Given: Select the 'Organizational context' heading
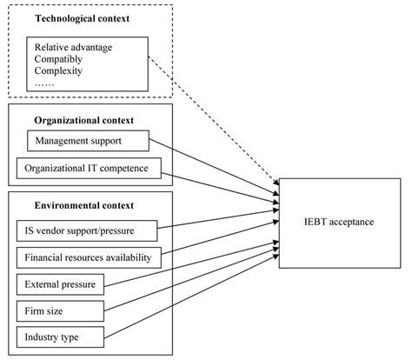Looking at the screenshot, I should tap(77, 120).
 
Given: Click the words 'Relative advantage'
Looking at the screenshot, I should tap(73, 45).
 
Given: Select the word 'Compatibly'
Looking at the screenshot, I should tap(60, 59).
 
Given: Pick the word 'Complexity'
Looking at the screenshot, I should tap(60, 73).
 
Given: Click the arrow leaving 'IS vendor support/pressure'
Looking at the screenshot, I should tap(217, 225).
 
